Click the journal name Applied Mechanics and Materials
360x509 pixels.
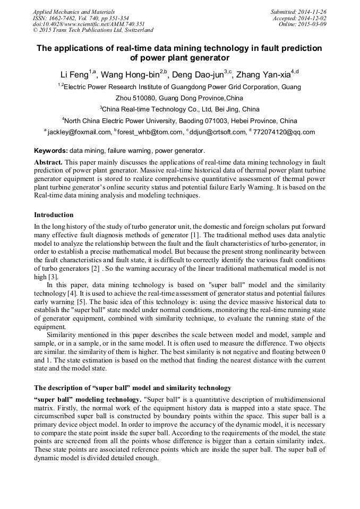click(73, 11)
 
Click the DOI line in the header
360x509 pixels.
click(89, 24)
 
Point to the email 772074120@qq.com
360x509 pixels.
click(284, 132)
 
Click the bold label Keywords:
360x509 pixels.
click(51, 151)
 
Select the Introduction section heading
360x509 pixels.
click(54, 215)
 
